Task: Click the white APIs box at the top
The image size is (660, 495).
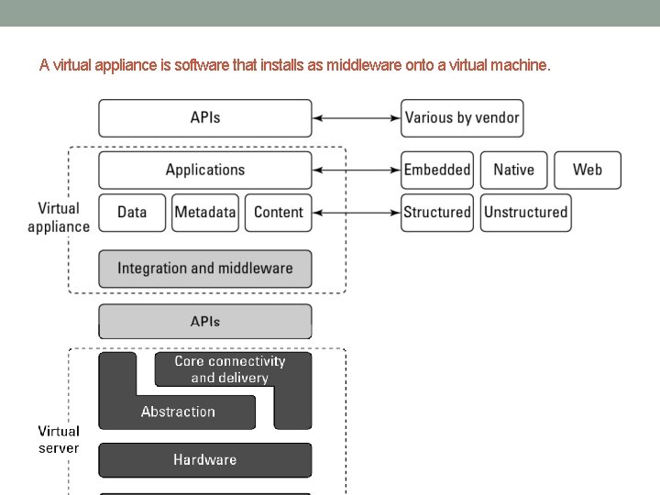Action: click(x=205, y=118)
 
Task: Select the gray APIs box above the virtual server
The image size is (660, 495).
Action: click(x=205, y=322)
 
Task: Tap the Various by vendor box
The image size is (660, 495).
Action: click(x=462, y=118)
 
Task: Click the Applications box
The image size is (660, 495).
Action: click(x=205, y=170)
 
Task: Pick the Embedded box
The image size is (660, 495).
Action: click(x=436, y=170)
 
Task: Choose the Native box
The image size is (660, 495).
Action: click(x=513, y=170)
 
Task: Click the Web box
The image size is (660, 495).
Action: click(x=588, y=170)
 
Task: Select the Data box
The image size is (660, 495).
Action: click(x=132, y=213)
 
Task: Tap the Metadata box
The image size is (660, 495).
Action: click(x=205, y=213)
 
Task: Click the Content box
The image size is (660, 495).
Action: click(x=278, y=213)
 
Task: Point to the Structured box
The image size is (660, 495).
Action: click(x=436, y=213)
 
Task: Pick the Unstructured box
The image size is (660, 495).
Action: click(x=526, y=213)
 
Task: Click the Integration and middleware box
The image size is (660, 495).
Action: click(x=205, y=269)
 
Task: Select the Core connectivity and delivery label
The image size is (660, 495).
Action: click(x=230, y=369)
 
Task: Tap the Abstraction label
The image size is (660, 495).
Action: click(x=178, y=412)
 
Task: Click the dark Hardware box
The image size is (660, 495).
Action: click(x=205, y=460)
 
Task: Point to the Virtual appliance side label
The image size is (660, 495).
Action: click(x=59, y=218)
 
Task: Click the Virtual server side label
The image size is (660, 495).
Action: click(x=59, y=439)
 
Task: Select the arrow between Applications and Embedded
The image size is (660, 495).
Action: click(x=357, y=170)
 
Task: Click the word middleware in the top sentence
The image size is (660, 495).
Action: click(x=401, y=66)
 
